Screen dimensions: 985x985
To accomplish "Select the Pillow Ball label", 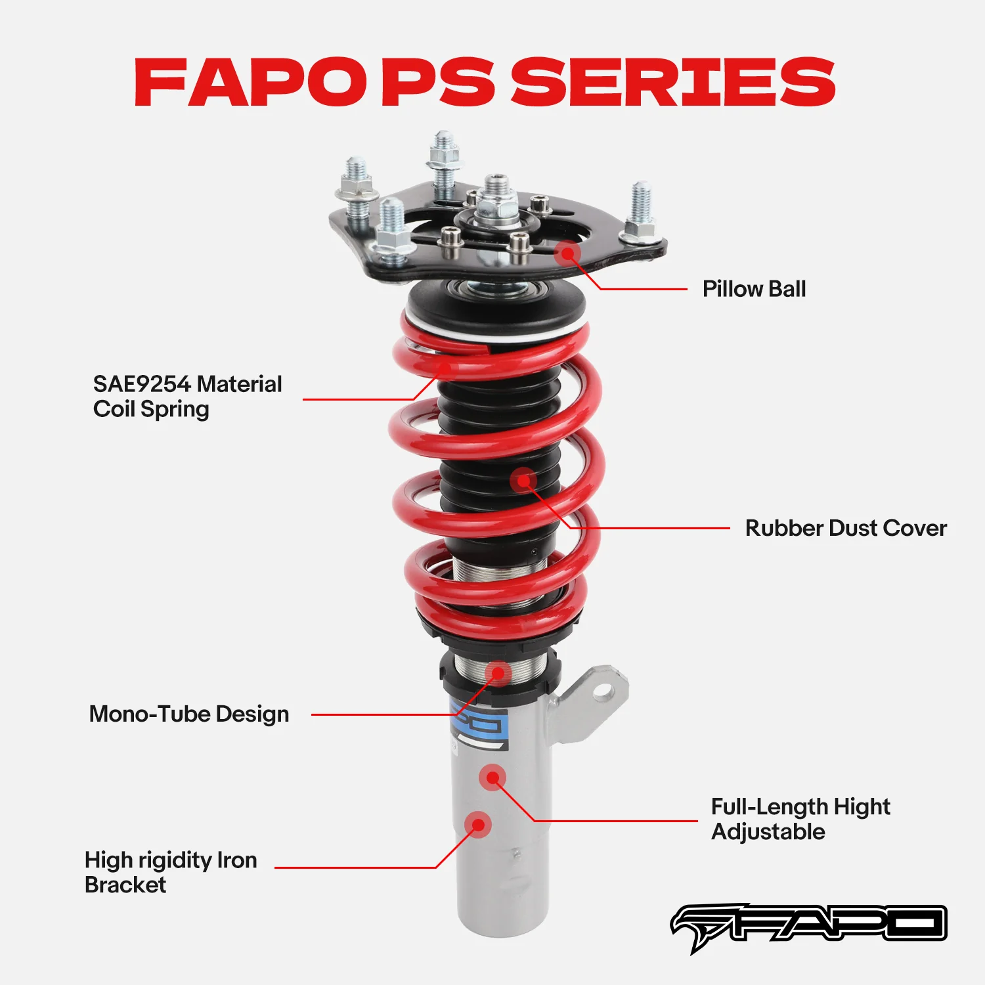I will click(754, 289).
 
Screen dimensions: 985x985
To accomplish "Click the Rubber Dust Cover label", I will click(846, 528).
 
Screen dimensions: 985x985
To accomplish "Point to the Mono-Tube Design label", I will click(189, 714).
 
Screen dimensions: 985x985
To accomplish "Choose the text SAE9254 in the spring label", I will click(142, 384).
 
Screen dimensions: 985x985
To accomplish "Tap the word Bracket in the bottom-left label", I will click(125, 885).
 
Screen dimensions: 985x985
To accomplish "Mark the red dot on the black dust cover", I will click(523, 481).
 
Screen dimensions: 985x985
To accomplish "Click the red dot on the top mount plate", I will click(567, 252).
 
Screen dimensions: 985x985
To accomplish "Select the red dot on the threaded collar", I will click(498, 673).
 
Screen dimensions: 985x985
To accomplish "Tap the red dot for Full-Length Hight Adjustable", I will click(492, 777).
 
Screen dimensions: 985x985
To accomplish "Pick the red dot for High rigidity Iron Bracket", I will click(477, 824).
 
